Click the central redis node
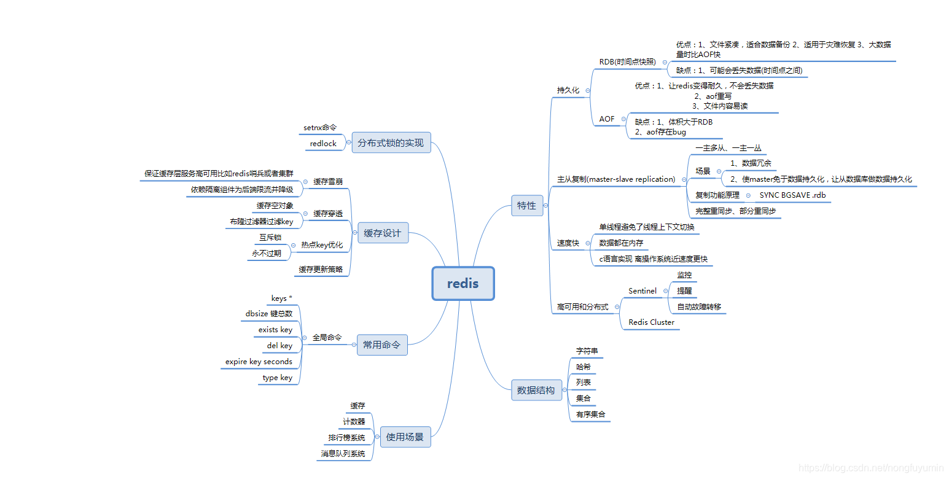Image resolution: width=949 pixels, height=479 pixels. click(463, 284)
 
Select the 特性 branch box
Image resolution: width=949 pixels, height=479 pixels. click(526, 206)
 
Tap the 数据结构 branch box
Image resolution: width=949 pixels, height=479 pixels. click(536, 390)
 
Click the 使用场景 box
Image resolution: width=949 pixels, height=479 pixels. click(405, 437)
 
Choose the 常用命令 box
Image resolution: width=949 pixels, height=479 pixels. click(381, 345)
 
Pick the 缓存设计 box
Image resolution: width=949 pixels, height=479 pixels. click(382, 233)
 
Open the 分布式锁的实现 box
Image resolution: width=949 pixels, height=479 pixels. click(391, 143)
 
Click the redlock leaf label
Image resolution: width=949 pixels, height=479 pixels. click(323, 144)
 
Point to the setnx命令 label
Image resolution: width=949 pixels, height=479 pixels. click(320, 128)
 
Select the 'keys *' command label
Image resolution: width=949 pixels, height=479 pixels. click(281, 298)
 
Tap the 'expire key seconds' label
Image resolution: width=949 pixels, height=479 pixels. click(259, 362)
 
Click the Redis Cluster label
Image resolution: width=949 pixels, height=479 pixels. click(651, 322)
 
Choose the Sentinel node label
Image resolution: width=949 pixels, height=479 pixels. click(642, 290)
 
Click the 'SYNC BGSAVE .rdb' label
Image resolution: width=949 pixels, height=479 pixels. click(792, 195)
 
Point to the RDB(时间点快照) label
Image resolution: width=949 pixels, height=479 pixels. click(627, 62)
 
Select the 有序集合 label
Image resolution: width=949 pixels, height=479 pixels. click(590, 415)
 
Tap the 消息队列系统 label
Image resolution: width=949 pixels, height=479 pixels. click(343, 454)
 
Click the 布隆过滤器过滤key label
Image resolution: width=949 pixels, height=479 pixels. click(262, 222)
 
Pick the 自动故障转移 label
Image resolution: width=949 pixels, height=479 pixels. click(699, 306)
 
